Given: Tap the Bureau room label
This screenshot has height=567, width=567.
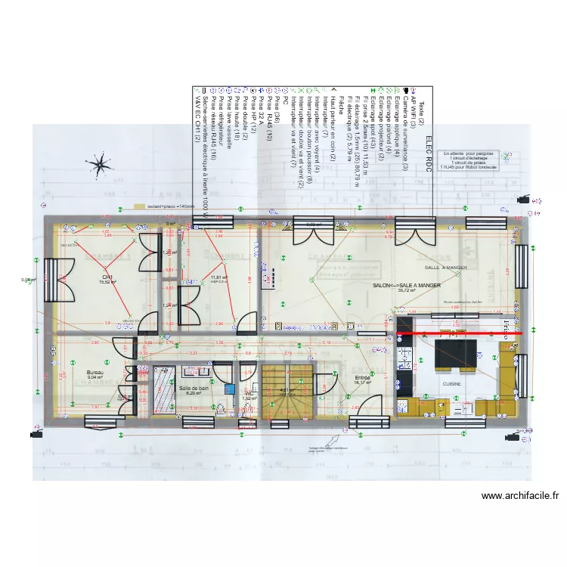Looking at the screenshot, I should point(94,373).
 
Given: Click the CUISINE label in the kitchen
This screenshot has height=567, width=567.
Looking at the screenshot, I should point(453,384).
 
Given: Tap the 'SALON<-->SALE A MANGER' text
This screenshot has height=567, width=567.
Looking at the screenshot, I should point(407,285).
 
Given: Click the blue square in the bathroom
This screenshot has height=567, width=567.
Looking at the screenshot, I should point(229,389).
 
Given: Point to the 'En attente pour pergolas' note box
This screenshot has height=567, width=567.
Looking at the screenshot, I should point(472,160).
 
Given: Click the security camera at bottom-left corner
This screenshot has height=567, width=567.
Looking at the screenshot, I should point(35,435).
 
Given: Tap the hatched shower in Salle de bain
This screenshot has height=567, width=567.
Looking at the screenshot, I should point(163,389).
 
